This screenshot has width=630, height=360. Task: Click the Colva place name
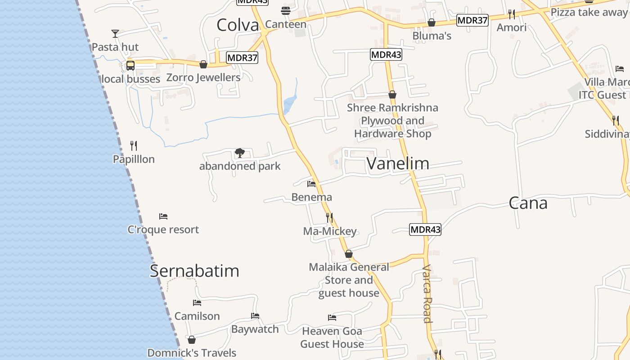pyautogui.click(x=238, y=25)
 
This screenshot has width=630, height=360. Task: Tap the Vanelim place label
pyautogui.click(x=398, y=163)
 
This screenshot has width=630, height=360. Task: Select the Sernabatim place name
pyautogui.click(x=194, y=271)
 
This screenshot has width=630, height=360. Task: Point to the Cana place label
pyautogui.click(x=528, y=203)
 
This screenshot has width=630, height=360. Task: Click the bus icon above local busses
pyautogui.click(x=130, y=65)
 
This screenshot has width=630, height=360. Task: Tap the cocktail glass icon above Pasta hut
pyautogui.click(x=115, y=33)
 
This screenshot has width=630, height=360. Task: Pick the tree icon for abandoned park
pyautogui.click(x=239, y=153)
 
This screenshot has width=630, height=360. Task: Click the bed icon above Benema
pyautogui.click(x=311, y=184)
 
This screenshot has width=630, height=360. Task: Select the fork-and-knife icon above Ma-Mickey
pyautogui.click(x=329, y=218)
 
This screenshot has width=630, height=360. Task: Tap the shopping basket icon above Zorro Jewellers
pyautogui.click(x=203, y=64)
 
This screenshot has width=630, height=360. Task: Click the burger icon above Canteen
pyautogui.click(x=286, y=10)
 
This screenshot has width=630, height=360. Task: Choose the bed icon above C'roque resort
pyautogui.click(x=163, y=216)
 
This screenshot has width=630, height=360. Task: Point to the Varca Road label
pyautogui.click(x=427, y=293)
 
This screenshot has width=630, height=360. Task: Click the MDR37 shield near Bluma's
pyautogui.click(x=472, y=20)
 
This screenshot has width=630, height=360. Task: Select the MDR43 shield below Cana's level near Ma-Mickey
pyautogui.click(x=425, y=229)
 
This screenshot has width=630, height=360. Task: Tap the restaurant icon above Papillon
pyautogui.click(x=134, y=145)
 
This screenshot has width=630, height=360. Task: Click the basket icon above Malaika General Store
pyautogui.click(x=349, y=254)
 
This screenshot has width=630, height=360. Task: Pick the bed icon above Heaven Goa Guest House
pyautogui.click(x=332, y=318)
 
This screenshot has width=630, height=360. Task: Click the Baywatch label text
pyautogui.click(x=255, y=329)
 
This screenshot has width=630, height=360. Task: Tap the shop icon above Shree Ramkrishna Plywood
pyautogui.click(x=392, y=94)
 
